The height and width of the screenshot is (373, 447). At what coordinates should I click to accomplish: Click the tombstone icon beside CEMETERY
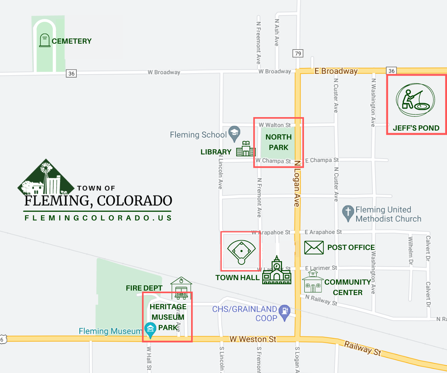coord(44,40)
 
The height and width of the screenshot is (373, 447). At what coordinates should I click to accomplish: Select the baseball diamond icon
coord(241,252)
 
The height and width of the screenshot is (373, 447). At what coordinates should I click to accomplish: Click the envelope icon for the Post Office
coord(314,247)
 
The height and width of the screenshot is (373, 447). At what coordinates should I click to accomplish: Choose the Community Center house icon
coord(313,282)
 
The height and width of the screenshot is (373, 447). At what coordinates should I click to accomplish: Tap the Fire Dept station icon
coord(181,288)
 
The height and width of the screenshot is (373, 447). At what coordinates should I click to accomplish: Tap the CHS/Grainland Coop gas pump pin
coord(285,312)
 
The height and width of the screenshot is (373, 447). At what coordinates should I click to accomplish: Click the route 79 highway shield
coord(297,54)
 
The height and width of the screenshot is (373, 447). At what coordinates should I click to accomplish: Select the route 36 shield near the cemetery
coord(72,73)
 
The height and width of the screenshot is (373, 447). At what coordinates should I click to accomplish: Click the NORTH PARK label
coord(278,142)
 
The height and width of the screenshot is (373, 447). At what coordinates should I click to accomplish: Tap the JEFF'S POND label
coord(416,128)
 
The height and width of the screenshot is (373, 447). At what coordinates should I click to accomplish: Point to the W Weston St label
coord(253,339)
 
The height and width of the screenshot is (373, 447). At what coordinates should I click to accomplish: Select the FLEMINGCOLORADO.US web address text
coord(98,217)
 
